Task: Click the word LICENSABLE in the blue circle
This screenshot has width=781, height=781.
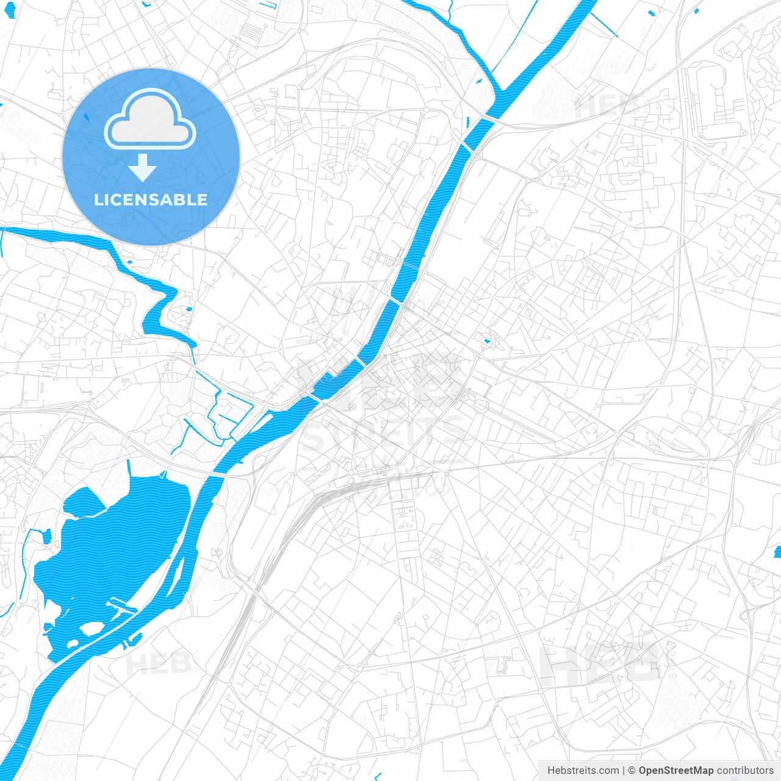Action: click(151, 200)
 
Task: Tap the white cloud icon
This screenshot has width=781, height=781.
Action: click(150, 119)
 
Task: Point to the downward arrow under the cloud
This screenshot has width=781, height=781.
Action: click(142, 167)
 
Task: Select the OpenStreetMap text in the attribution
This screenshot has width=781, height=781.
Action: click(675, 771)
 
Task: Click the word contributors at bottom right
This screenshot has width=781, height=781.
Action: click(745, 771)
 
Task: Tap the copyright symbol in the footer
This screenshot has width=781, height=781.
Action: click(632, 771)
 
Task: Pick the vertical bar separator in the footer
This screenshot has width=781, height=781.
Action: click(624, 771)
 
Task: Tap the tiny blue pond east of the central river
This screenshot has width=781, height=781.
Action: click(486, 340)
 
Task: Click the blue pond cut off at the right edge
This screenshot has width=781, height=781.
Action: click(777, 552)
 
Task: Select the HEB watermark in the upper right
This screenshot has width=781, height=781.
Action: click(607, 107)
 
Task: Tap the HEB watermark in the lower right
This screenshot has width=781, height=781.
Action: click(601, 663)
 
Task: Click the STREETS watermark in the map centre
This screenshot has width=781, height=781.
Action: click(383, 432)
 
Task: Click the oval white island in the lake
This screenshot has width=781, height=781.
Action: click(92, 628)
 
